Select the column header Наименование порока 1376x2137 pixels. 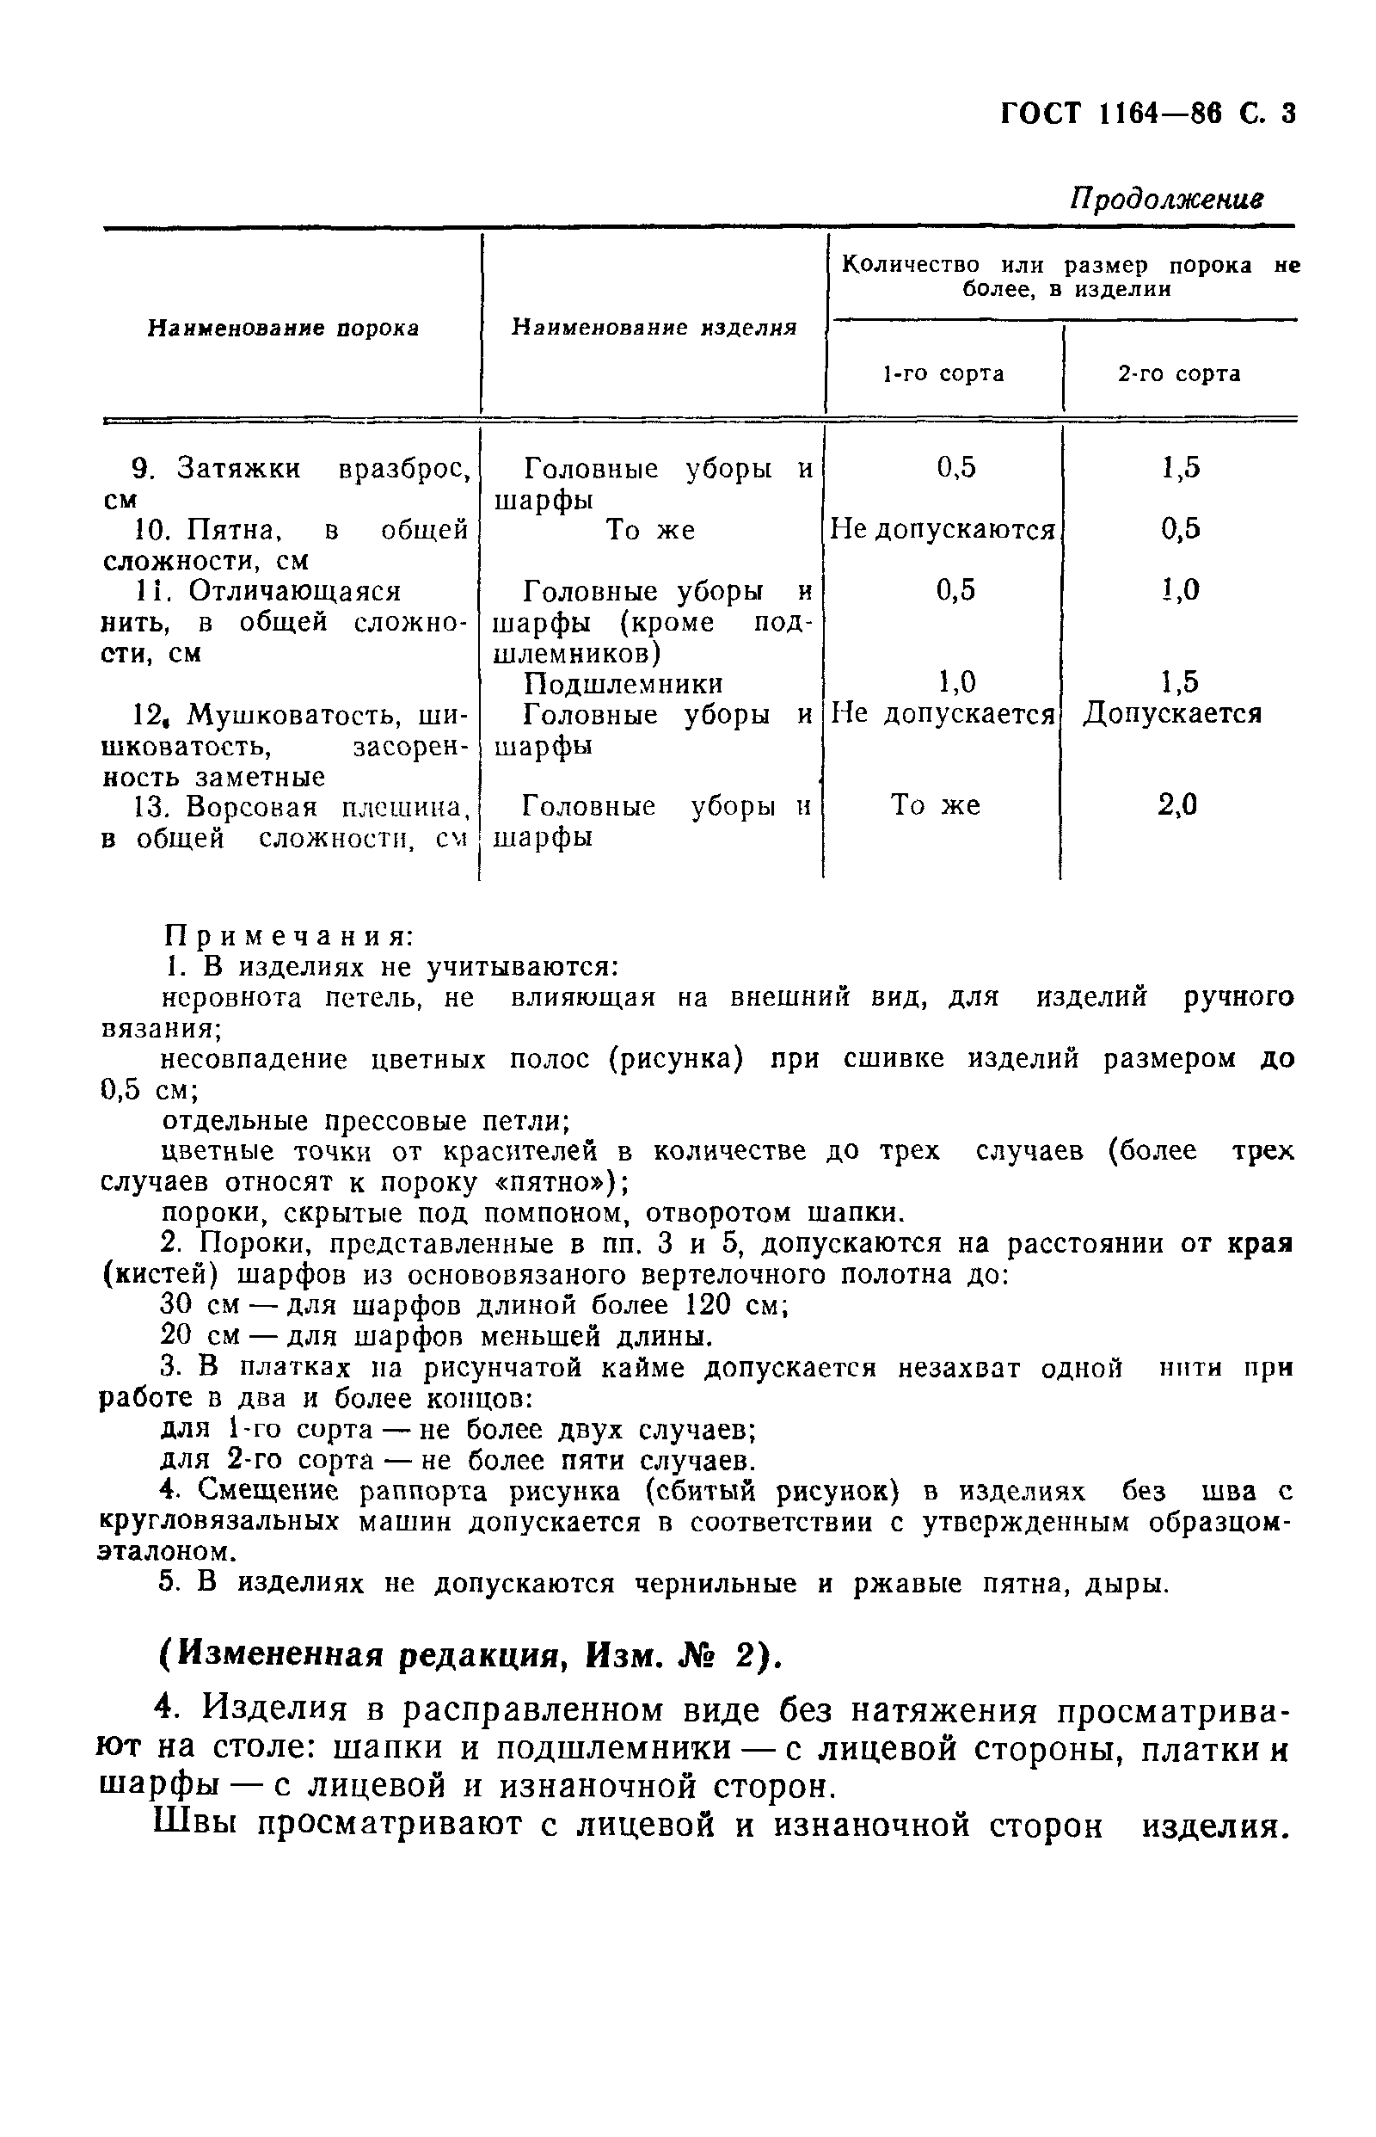point(283,328)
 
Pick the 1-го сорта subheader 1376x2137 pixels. point(943,373)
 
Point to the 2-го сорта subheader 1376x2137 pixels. point(1178,373)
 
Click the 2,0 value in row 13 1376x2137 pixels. point(1176,805)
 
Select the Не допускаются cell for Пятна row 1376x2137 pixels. point(943,530)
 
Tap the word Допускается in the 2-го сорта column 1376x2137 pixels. point(1172,713)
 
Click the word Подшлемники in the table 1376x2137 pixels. point(623,684)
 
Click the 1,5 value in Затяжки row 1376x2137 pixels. point(1180,467)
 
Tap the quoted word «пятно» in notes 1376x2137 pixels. point(551,1181)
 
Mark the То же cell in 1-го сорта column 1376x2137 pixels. point(935,805)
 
